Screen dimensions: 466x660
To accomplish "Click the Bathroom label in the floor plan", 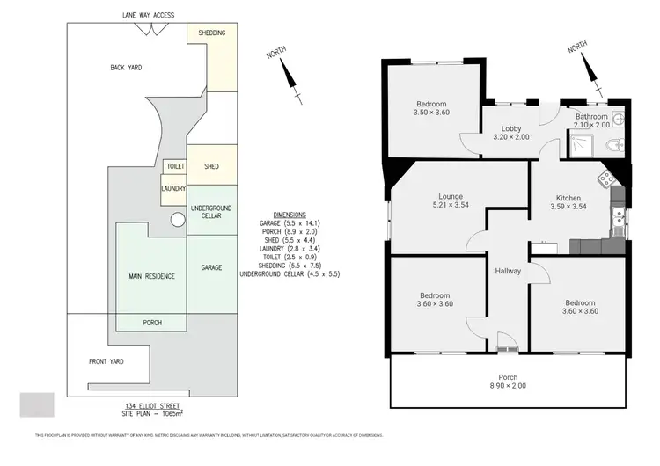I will [591, 116].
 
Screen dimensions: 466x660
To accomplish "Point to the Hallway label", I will [508, 271].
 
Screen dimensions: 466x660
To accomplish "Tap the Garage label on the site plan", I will [211, 266].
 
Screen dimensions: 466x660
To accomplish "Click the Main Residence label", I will [151, 276].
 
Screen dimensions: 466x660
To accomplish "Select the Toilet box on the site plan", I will [174, 167].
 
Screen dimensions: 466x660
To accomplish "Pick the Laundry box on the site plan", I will [172, 187].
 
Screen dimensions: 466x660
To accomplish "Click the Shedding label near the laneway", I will [212, 33].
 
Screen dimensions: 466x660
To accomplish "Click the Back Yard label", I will [126, 67].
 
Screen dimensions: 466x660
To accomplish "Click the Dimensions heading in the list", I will [290, 215].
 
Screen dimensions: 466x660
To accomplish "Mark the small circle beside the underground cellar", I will [177, 221].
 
